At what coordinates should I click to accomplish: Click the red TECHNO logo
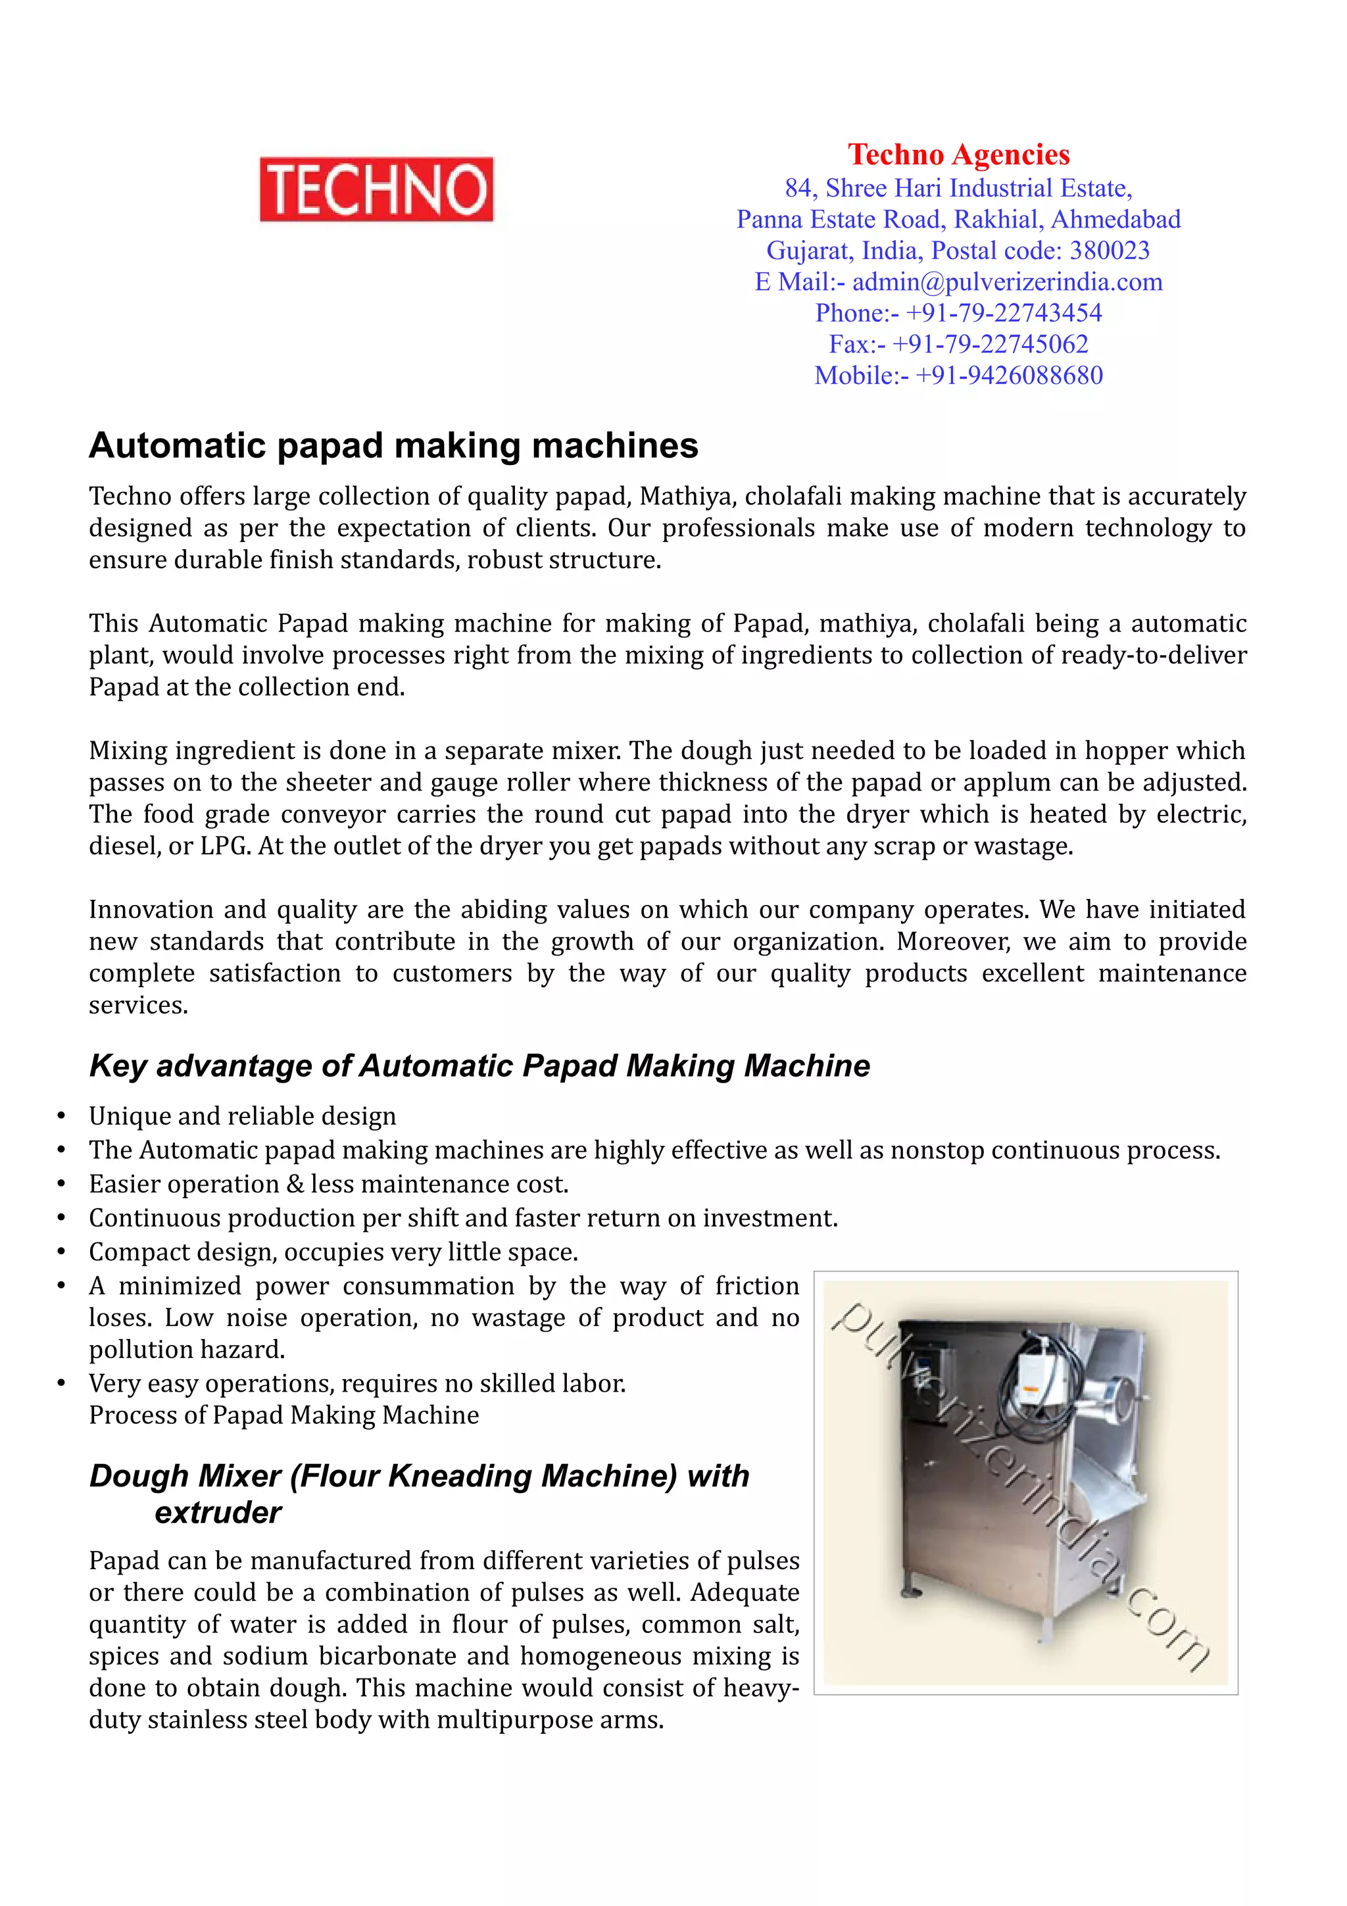point(376,189)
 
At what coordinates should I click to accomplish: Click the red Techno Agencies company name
point(958,155)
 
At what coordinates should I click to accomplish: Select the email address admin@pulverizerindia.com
point(1007,282)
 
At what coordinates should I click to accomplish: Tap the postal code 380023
point(1109,251)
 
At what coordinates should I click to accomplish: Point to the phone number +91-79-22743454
point(1004,313)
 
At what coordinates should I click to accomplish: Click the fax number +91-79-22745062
point(989,345)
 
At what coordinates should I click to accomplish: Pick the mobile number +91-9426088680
point(1008,376)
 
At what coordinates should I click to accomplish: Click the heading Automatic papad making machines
point(393,446)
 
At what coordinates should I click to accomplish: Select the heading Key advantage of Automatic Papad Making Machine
point(479,1066)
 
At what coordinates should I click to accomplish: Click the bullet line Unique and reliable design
point(242,1117)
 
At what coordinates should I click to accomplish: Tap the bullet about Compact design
point(333,1252)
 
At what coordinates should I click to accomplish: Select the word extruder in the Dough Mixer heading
point(218,1513)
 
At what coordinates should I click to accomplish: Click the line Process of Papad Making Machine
point(284,1415)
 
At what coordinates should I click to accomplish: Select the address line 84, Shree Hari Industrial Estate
point(958,189)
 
